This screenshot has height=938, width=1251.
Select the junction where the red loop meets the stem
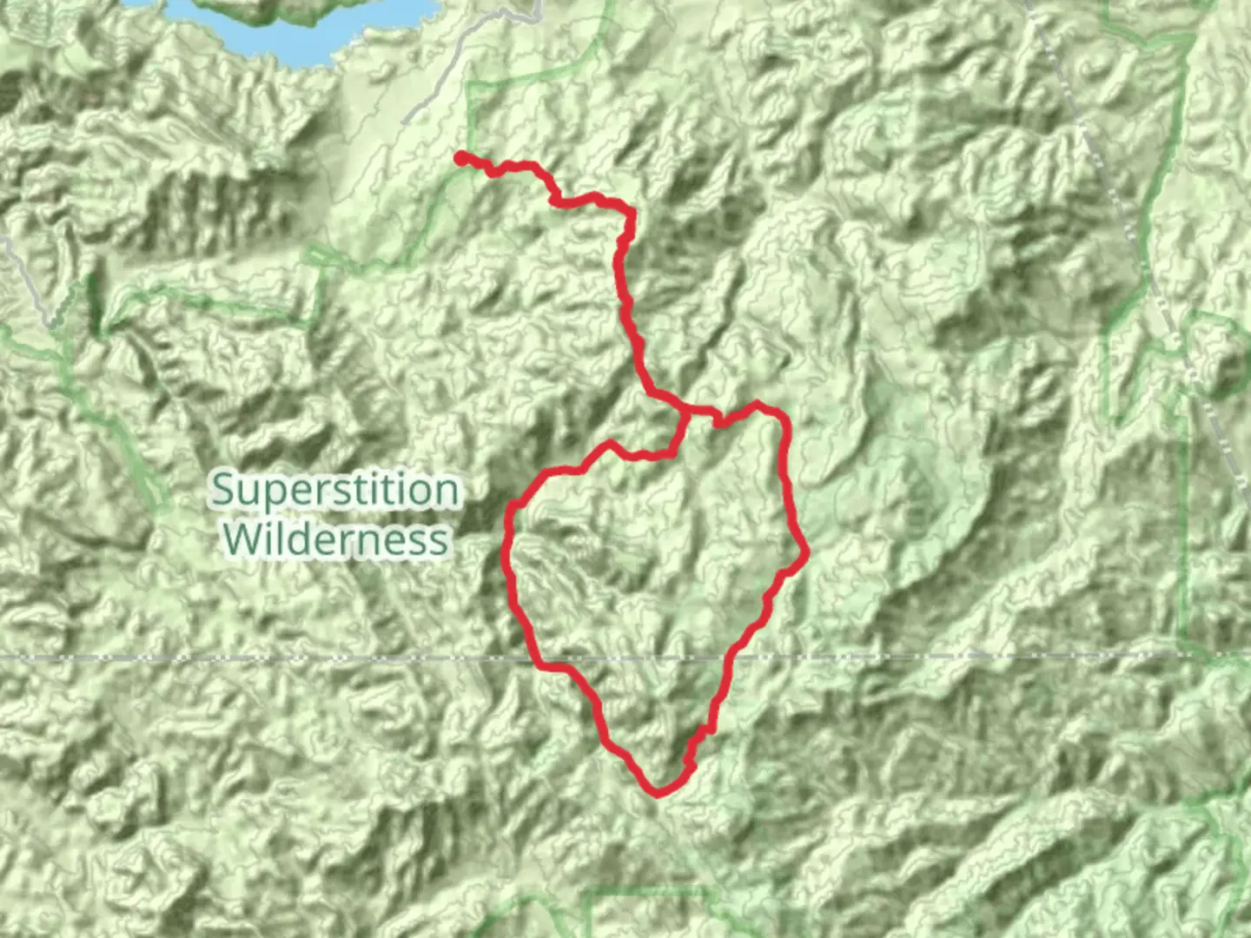click(686, 410)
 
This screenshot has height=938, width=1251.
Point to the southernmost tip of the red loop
click(658, 791)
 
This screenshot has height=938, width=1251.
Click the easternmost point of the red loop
click(807, 551)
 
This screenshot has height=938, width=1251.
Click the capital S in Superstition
click(224, 491)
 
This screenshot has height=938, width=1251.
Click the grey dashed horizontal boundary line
click(261, 657)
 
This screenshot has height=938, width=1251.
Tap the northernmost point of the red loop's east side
click(758, 404)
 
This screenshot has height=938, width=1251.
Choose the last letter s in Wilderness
click(440, 540)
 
